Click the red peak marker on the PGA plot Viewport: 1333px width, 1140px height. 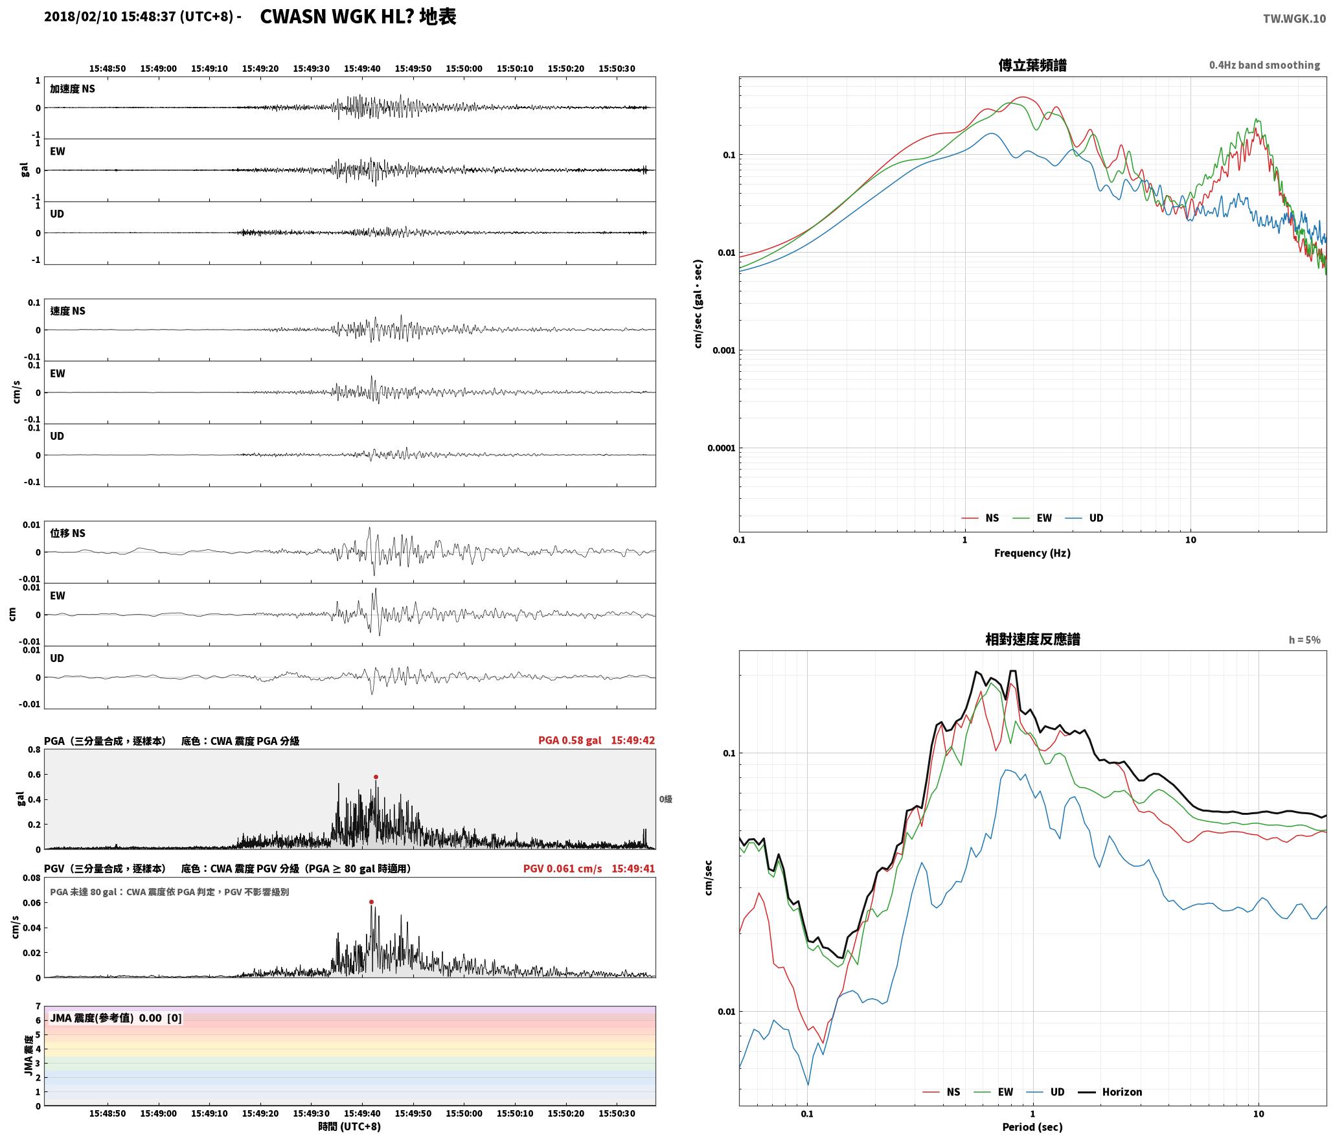376,777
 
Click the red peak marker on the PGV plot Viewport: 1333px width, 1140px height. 371,902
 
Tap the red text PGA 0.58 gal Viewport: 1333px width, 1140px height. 569,740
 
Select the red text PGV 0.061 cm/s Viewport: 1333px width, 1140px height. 562,868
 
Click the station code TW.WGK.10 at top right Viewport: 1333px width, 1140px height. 1294,19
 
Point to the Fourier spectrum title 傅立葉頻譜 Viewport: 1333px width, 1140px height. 1032,65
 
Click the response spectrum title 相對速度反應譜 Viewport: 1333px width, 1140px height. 1032,639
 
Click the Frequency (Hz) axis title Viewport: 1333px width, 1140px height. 1032,553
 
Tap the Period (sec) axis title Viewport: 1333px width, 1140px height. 1032,1126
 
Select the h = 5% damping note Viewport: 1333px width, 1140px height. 1305,640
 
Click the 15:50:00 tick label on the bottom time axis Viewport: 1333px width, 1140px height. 464,1113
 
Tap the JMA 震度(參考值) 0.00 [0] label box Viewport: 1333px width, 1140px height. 116,1018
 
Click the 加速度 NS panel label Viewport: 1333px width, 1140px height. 73,89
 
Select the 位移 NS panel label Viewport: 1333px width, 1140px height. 68,533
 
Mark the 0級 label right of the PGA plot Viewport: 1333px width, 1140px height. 666,799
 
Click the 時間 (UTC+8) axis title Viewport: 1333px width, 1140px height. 350,1126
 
